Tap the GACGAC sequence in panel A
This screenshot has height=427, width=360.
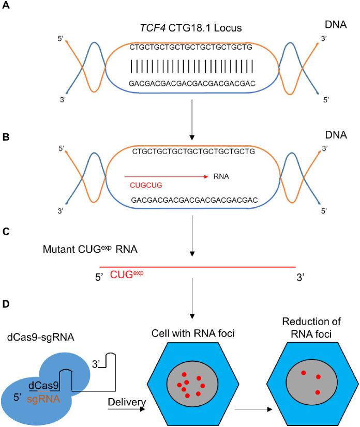[x=191, y=83]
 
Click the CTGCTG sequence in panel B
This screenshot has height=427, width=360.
[x=193, y=151]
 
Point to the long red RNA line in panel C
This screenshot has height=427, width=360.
[x=197, y=267]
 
